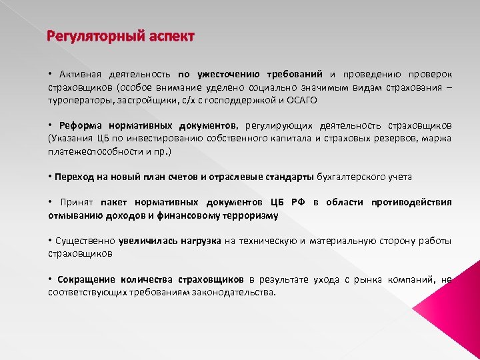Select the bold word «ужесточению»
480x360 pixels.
point(228,74)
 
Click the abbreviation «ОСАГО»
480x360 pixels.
point(302,100)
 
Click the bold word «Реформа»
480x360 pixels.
point(80,125)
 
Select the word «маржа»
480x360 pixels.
point(437,138)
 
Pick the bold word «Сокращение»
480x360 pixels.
point(86,279)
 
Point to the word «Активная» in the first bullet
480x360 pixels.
point(80,74)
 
